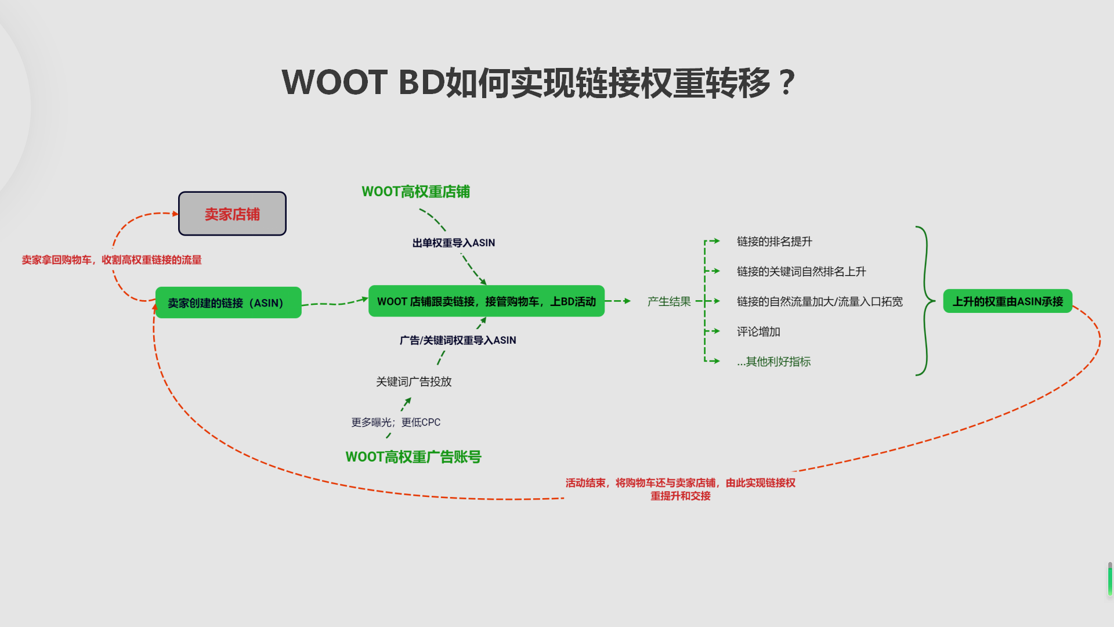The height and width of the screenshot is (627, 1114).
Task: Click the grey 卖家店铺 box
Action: pos(232,214)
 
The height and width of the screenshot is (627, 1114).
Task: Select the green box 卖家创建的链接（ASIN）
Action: pos(228,302)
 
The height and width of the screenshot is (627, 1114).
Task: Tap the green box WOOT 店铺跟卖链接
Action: pos(486,301)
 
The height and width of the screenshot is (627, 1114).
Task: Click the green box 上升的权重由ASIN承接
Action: pos(1007,301)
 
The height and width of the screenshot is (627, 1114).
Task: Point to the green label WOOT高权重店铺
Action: pos(415,192)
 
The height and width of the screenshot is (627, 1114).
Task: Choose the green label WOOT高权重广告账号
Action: pos(413,457)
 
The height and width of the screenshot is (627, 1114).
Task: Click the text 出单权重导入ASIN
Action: pos(453,243)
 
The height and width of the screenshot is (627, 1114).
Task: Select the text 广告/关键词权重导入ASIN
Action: pos(457,340)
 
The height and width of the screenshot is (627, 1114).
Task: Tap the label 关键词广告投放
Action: pos(413,381)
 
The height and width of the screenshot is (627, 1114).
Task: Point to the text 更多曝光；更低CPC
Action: pos(396,422)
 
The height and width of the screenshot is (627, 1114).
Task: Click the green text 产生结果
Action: pos(668,301)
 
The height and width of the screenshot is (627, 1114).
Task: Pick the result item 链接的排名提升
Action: pos(774,242)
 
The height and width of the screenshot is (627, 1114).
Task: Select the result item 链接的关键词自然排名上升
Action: pos(801,271)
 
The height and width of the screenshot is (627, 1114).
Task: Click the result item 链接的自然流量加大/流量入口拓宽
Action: pos(819,301)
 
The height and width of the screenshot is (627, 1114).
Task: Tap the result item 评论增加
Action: pos(758,331)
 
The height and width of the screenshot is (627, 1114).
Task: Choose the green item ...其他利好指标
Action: pos(773,362)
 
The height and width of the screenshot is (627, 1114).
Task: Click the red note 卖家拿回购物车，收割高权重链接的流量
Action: pos(111,260)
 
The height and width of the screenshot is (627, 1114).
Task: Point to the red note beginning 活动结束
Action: pos(680,489)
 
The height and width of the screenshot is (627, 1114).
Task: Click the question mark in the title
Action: pos(787,82)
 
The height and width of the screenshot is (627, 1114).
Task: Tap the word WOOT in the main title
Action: pos(334,82)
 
